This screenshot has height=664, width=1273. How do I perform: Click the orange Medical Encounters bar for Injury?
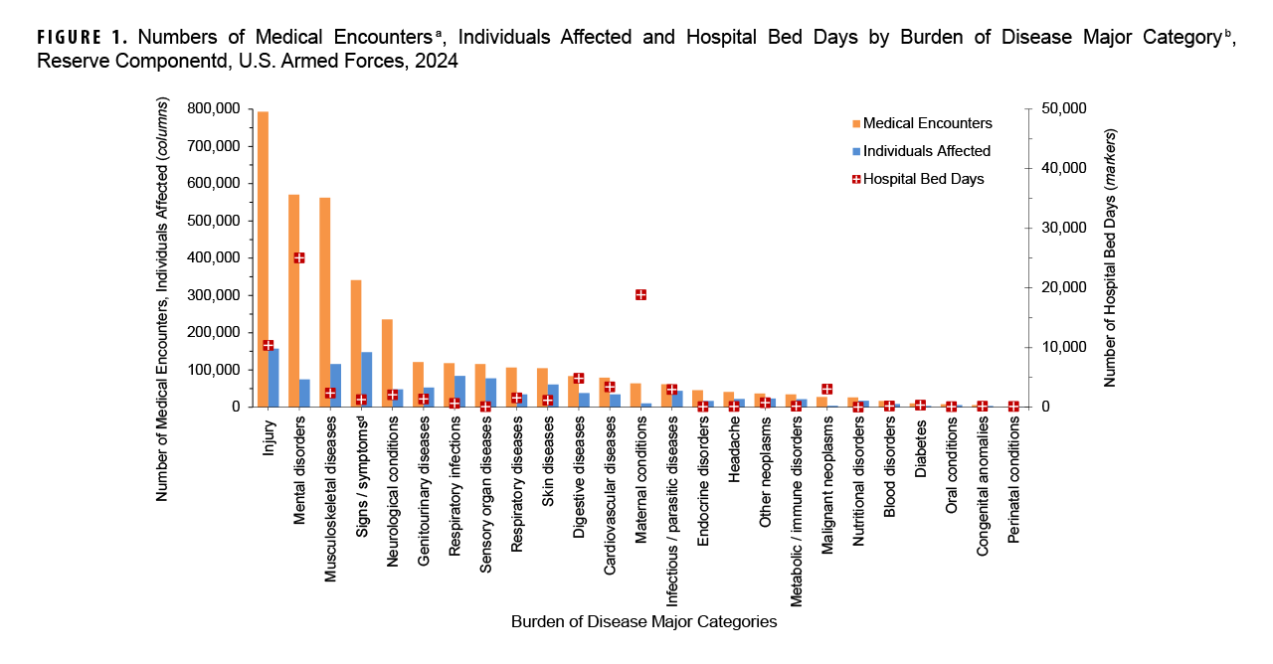pos(263,258)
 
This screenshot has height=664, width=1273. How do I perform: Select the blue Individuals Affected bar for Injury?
pos(273,378)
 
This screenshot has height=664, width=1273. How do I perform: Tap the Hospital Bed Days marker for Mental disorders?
pos(299,257)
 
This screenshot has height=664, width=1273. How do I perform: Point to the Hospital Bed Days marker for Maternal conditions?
pos(640,295)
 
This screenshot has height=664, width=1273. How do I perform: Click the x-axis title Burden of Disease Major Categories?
pos(643,622)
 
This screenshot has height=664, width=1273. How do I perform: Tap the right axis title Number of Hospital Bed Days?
pos(1111,257)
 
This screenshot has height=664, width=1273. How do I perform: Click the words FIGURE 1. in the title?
pos(83,39)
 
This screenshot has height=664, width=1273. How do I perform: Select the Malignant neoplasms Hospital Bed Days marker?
pos(826,389)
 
